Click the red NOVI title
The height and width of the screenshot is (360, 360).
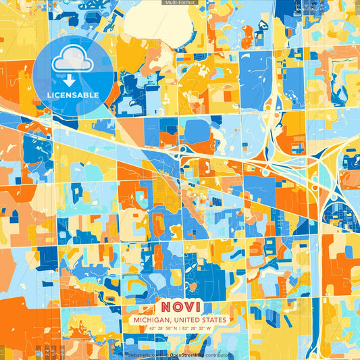(x=180, y=305)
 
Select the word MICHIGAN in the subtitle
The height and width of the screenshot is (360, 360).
(x=152, y=319)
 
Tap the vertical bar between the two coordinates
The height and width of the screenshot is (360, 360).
(x=180, y=328)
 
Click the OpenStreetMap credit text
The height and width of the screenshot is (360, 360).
(x=187, y=355)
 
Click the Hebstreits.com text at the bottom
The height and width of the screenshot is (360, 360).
(x=144, y=355)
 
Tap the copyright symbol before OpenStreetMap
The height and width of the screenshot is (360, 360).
(x=166, y=355)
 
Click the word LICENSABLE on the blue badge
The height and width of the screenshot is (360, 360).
(x=73, y=95)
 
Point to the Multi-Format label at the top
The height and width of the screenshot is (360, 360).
(x=180, y=3)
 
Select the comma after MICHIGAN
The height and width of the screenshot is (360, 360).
(x=170, y=321)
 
